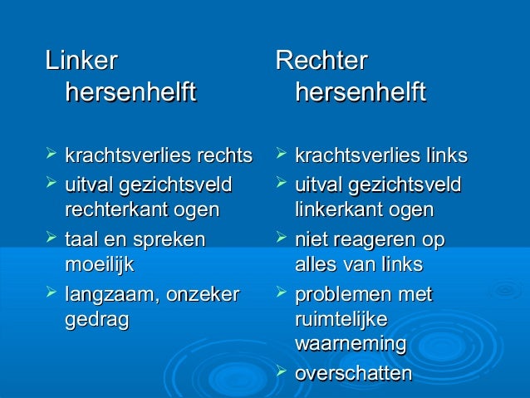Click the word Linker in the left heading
click(81, 61)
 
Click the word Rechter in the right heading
click(321, 61)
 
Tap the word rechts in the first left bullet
click(224, 156)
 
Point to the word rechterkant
click(112, 209)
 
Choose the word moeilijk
click(99, 266)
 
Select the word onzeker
click(206, 294)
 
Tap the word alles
click(317, 266)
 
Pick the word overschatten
click(353, 374)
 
